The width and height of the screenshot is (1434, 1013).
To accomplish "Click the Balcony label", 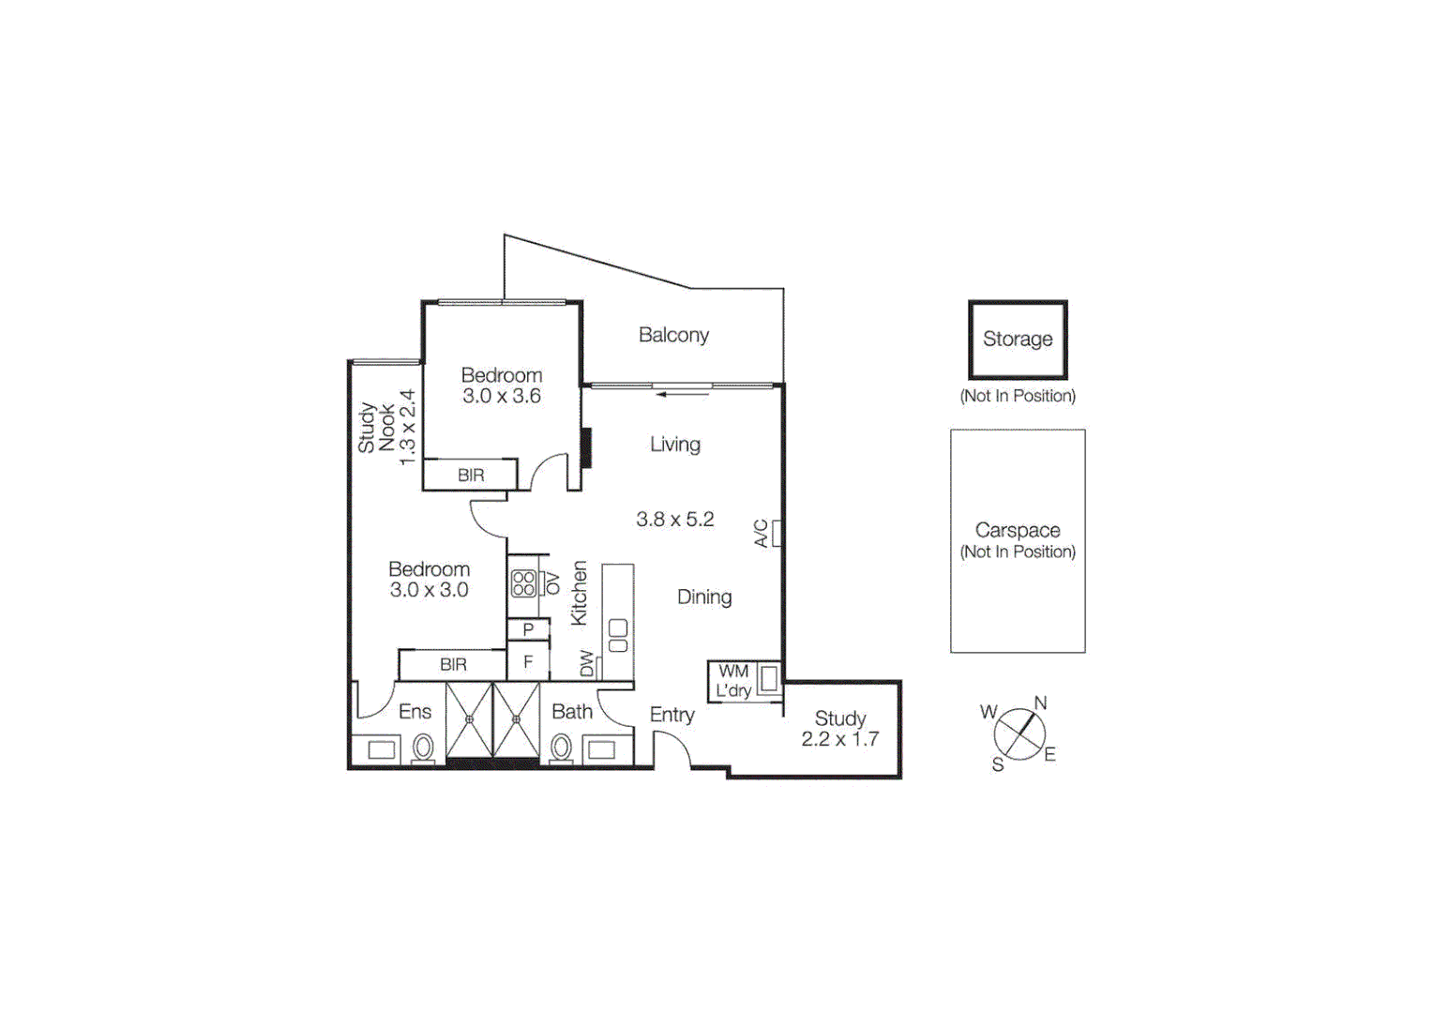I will pos(673,335).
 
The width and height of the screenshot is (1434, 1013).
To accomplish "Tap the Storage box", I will pos(1018,340).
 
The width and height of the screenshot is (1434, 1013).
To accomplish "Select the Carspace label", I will pos(1018,530).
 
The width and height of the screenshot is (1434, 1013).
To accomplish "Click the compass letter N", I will pos(1040,703).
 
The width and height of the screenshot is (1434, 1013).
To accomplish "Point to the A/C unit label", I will pos(762,534).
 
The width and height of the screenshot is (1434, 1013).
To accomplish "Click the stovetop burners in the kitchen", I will pos(523,583).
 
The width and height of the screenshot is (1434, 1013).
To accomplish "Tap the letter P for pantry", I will pos(528,629).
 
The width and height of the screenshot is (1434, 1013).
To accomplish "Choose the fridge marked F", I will pos(528,662).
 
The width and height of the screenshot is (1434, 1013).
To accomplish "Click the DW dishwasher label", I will pos(587,663).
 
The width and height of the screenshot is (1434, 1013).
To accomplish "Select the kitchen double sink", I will pos(618,635).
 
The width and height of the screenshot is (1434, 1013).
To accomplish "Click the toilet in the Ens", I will pos(423,748).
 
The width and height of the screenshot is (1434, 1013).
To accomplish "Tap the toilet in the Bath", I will pos(561,748).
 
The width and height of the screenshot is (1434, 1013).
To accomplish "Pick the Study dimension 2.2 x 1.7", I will pos(839,739).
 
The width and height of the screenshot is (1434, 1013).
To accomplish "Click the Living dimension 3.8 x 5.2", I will pos(675,519).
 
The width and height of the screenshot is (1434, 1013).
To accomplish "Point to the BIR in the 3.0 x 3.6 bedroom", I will pos(471,476).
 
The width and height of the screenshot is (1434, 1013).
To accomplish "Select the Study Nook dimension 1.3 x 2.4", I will pos(407,428).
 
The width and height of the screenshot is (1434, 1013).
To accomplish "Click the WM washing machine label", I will pos(733,672).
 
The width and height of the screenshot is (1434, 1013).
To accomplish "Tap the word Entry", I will pos(672,715).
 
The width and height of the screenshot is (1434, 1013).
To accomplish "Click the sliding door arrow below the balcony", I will pos(683,394).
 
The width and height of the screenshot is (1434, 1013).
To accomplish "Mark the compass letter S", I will pos(998,765).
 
